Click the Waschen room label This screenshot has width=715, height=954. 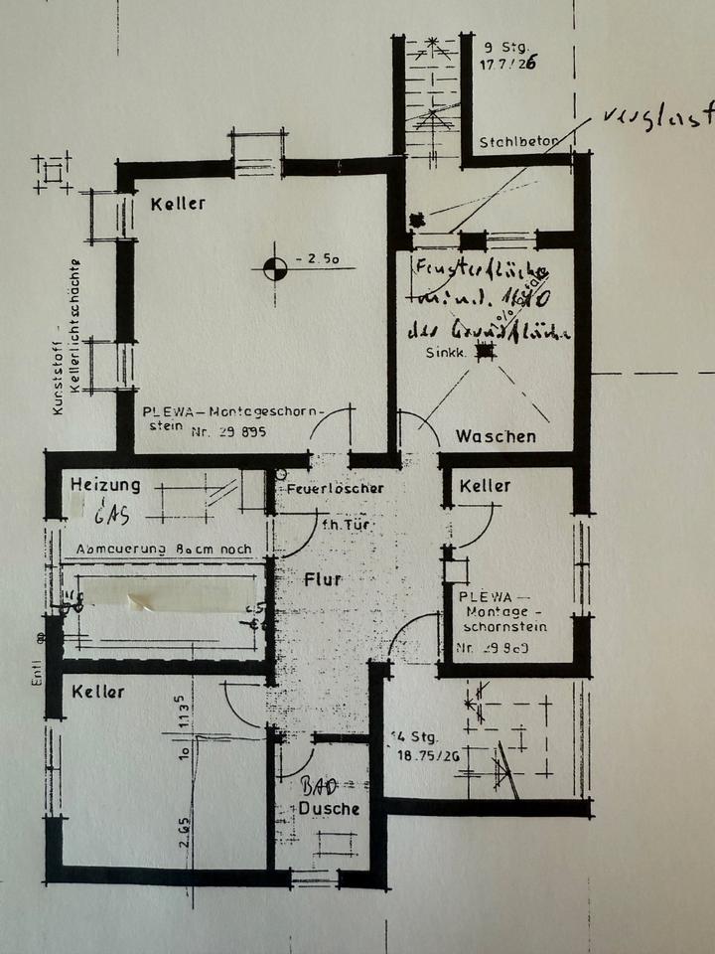tap(496, 435)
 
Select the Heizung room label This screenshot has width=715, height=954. tap(104, 485)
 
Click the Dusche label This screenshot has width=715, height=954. tap(329, 809)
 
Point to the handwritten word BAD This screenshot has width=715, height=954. tap(315, 785)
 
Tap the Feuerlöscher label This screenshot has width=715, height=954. tap(334, 488)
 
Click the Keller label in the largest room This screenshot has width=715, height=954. tap(178, 204)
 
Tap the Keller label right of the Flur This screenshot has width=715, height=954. tap(485, 486)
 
